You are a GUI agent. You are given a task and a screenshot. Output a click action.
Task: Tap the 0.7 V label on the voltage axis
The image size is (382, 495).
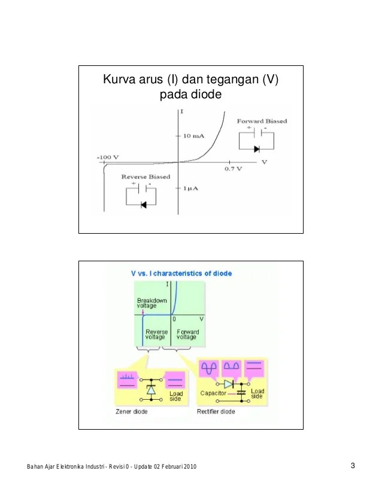coord(234,169)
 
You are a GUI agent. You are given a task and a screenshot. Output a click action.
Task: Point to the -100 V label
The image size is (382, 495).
coord(108,157)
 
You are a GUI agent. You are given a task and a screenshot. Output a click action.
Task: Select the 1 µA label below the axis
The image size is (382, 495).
coord(194,188)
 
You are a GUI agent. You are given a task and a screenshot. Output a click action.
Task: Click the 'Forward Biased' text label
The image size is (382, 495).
coord(262,121)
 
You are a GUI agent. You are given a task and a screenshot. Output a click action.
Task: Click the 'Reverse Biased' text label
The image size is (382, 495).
coord(145,177)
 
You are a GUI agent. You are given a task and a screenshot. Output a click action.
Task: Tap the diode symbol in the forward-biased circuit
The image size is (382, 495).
coord(257,149)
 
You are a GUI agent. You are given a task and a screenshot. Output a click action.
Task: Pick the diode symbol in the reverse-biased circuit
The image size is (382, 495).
coord(144,205)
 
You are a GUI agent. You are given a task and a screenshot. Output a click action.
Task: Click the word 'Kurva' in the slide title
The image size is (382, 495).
coord(119,80)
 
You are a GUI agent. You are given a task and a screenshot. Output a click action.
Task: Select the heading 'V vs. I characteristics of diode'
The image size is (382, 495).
coord(181,273)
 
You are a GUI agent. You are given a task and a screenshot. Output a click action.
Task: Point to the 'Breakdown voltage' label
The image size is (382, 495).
coord(151,303)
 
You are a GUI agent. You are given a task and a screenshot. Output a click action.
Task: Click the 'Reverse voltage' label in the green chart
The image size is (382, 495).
coord(156,334)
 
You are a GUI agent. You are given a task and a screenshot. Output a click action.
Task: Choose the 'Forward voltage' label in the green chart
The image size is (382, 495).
coord(187,334)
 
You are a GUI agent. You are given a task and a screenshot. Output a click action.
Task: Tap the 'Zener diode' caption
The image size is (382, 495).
coord(131,412)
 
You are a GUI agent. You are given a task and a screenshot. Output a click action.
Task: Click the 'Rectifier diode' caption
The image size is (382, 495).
coord(216,412)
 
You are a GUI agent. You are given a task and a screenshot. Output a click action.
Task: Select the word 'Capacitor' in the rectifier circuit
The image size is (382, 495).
coord(213,393)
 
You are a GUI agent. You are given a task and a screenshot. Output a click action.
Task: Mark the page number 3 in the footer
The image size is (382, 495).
coord(353,466)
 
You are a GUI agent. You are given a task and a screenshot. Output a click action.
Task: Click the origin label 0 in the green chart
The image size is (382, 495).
coord(174,319)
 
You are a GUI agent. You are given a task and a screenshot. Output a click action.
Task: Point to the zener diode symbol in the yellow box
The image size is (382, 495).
coord(151,390)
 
